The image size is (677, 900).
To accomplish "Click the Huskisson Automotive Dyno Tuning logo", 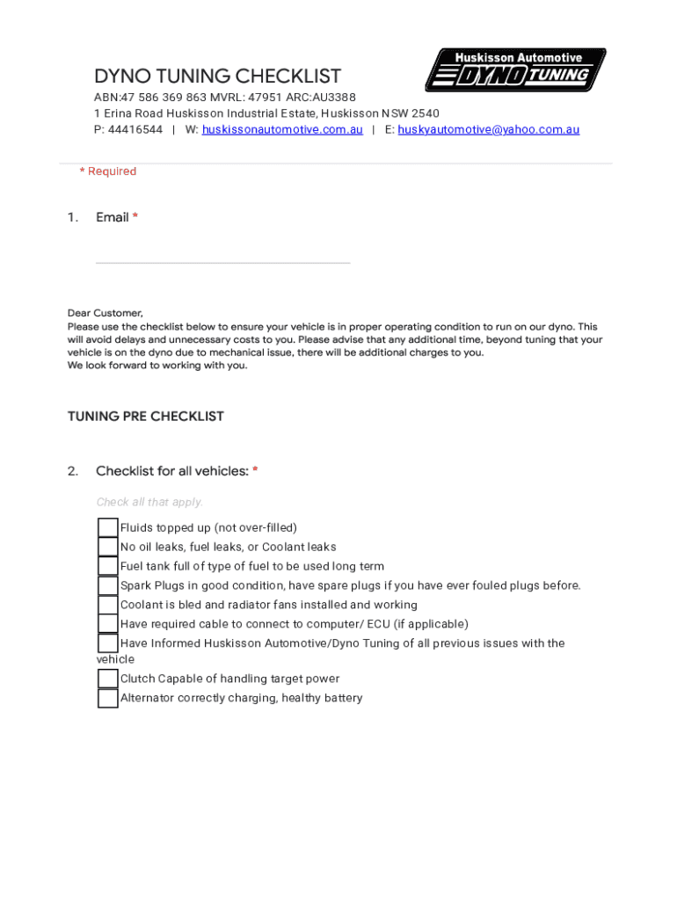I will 515,69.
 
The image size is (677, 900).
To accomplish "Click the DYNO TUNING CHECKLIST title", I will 217,76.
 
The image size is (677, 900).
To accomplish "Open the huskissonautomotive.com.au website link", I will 282,129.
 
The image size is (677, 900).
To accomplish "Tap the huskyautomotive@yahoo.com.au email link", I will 488,129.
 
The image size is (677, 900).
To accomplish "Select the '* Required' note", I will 108,171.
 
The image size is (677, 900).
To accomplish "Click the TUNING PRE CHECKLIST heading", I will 146,417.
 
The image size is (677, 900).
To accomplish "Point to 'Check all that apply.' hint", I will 149,502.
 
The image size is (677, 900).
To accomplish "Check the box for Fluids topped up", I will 107,527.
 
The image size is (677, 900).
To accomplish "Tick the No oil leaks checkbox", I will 107,547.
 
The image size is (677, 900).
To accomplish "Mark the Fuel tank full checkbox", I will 107,566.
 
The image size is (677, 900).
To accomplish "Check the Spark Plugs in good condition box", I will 107,585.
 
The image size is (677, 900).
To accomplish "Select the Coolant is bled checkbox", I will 107,605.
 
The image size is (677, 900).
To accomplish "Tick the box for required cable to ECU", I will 107,624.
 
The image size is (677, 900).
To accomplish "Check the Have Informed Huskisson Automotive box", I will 107,643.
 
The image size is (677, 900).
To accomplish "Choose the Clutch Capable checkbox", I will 107,679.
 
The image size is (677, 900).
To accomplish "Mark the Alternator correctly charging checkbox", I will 107,698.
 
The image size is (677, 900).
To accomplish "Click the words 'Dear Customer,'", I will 106,313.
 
